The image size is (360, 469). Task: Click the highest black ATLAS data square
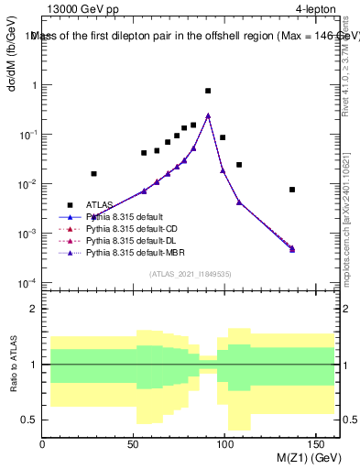(208, 91)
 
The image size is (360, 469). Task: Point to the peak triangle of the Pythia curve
(208, 115)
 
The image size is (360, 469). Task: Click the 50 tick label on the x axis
(135, 444)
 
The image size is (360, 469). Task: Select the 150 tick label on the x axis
(318, 444)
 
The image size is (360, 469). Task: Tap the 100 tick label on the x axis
(226, 444)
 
